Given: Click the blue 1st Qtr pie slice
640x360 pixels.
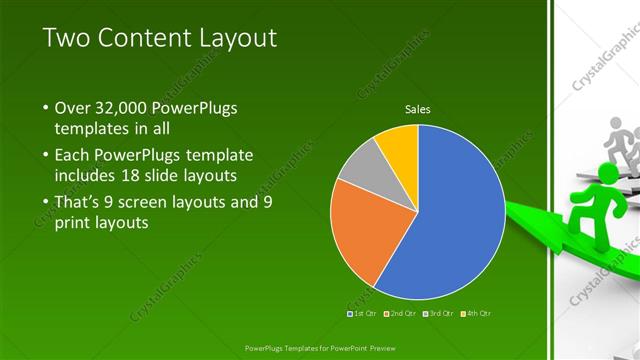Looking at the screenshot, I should tap(450, 220).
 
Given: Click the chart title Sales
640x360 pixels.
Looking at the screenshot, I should tap(418, 109).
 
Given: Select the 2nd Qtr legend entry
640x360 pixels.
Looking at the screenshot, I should tap(400, 314).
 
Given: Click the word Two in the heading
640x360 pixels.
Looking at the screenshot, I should tap(69, 38).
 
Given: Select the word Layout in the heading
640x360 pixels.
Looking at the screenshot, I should tap(242, 38).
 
